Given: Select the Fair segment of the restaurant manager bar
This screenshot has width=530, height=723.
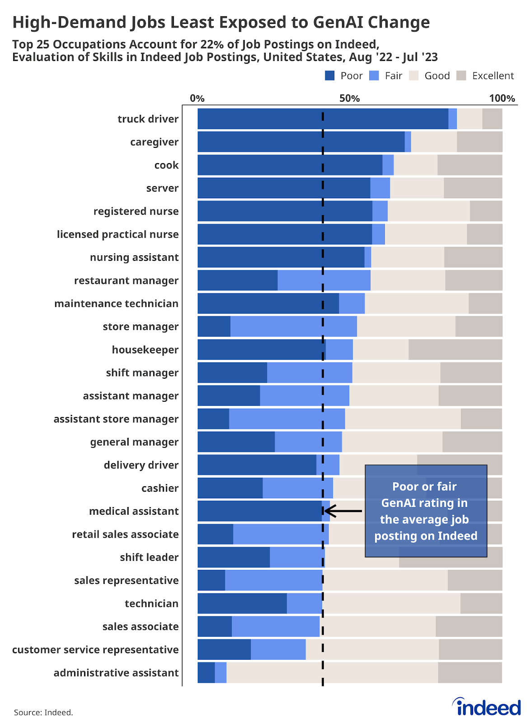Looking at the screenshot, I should pos(324,280).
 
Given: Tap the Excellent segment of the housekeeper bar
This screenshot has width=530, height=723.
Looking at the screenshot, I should pos(455,350).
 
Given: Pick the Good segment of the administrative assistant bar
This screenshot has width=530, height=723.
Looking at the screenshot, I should pos(332,672).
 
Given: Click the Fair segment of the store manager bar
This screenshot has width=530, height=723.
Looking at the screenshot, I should pos(293,326).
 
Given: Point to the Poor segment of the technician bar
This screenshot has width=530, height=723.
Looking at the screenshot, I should pos(242,603).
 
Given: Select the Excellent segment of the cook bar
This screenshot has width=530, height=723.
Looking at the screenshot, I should pos(469,165).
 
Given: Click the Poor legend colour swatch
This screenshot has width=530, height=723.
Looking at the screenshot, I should pos(330,76).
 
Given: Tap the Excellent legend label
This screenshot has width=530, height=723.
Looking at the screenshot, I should pos(492,76).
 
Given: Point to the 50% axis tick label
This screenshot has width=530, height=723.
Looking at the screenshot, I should pos(349,99).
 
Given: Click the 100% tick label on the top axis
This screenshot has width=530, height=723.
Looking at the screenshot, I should pos(502,99).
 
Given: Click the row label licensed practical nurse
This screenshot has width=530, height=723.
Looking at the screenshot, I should pos(117,234).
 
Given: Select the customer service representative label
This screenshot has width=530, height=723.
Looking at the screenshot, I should pos(95,649).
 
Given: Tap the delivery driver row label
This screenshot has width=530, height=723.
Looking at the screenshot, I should pos(141,465).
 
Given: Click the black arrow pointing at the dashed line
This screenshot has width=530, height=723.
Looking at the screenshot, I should pos(343,511).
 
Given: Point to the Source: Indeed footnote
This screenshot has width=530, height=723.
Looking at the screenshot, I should pos(43,713).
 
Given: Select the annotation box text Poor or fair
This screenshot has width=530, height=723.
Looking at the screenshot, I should pos(424,487).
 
